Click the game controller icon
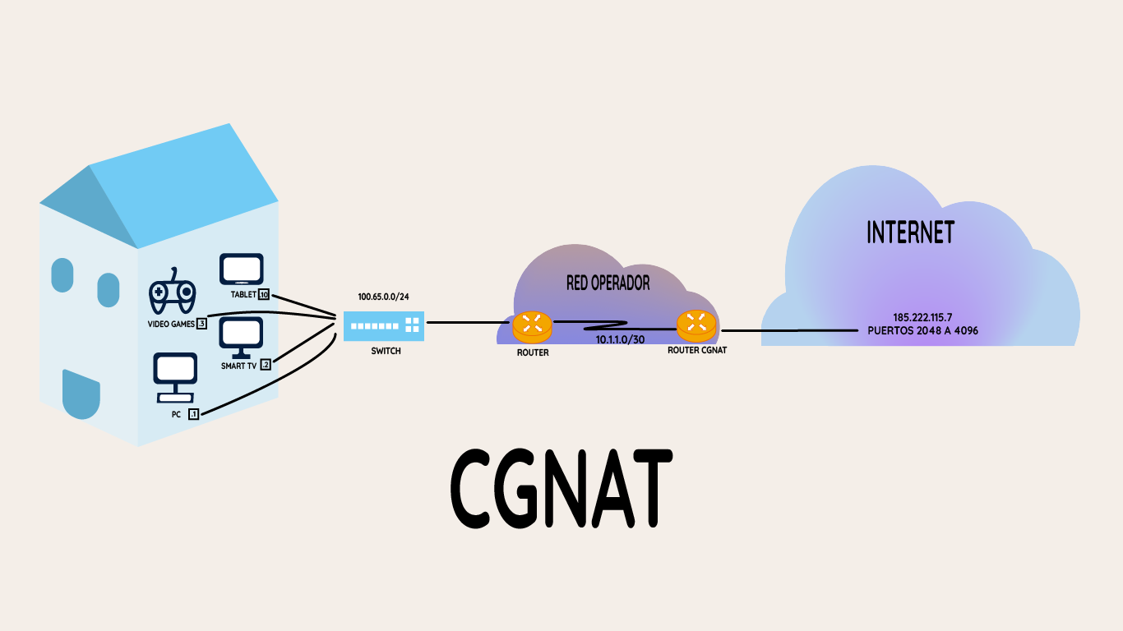(172, 292)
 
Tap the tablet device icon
(242, 270)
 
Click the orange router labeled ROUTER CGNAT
(696, 326)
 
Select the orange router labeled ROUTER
(532, 326)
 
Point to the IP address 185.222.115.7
(922, 317)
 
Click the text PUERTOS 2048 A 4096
(922, 330)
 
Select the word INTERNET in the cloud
(910, 233)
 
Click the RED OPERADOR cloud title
(608, 283)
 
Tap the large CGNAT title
(561, 491)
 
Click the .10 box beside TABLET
(264, 294)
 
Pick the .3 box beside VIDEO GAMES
(201, 324)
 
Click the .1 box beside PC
(193, 414)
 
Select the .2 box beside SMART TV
(266, 365)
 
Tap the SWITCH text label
(386, 351)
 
